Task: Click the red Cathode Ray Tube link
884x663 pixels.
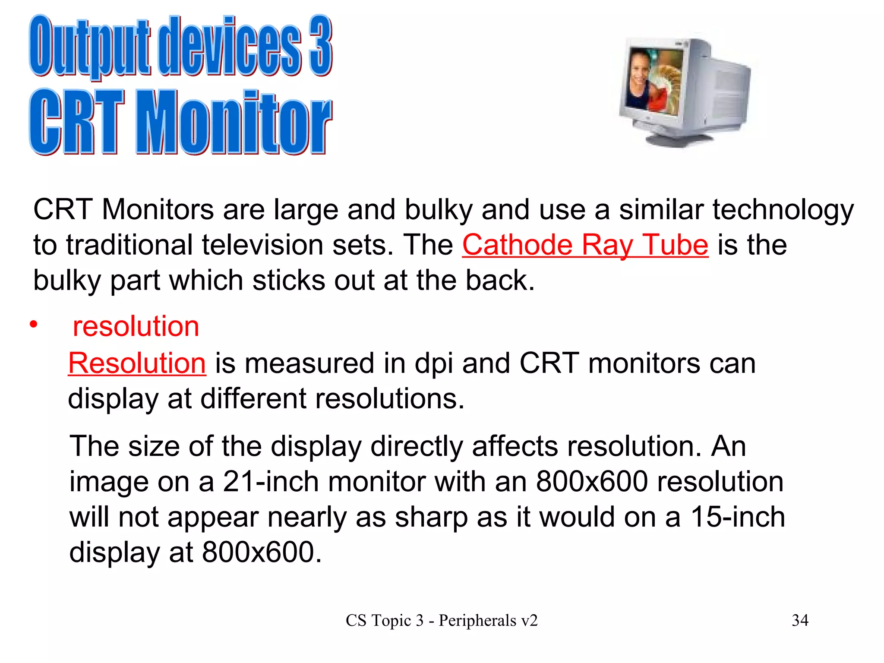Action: tap(585, 245)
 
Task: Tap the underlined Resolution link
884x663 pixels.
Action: tap(137, 363)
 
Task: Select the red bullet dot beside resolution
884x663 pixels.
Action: tap(34, 324)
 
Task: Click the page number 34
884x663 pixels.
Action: tap(800, 620)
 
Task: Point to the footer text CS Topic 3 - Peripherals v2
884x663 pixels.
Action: tap(442, 620)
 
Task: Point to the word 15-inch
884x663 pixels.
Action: tap(738, 517)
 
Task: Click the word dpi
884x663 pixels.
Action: tap(433, 364)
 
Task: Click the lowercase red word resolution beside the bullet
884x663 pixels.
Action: tap(136, 326)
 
